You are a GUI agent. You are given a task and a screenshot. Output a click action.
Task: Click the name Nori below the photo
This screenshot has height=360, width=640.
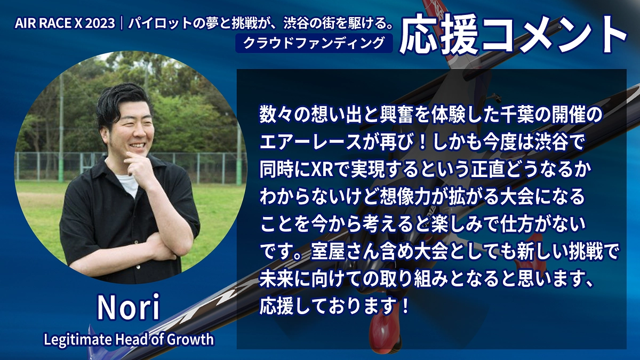128,308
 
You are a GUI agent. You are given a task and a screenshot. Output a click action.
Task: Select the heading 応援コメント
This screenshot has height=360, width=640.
513,37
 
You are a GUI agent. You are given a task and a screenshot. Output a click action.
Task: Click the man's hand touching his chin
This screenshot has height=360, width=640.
137,170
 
